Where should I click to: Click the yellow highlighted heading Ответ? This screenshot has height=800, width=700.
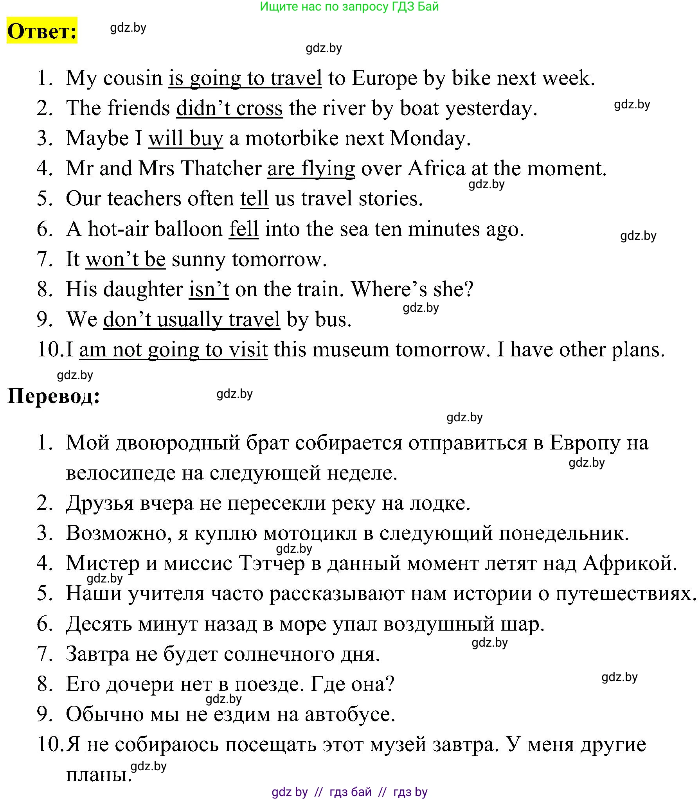[x=42, y=31]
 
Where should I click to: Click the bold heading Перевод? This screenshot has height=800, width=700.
[x=54, y=396]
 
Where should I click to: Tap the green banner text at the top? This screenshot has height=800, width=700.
[x=349, y=7]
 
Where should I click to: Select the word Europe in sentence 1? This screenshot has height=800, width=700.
[x=385, y=78]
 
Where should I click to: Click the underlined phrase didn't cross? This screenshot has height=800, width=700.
[x=229, y=108]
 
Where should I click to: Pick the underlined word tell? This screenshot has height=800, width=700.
[x=254, y=198]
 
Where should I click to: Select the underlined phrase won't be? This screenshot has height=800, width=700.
[x=126, y=259]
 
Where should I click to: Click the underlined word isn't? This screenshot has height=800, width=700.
[x=209, y=289]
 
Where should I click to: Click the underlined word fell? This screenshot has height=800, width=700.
[x=244, y=229]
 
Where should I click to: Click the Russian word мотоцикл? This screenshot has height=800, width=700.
[x=310, y=533]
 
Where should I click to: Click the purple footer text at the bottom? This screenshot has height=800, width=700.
[x=349, y=792]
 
